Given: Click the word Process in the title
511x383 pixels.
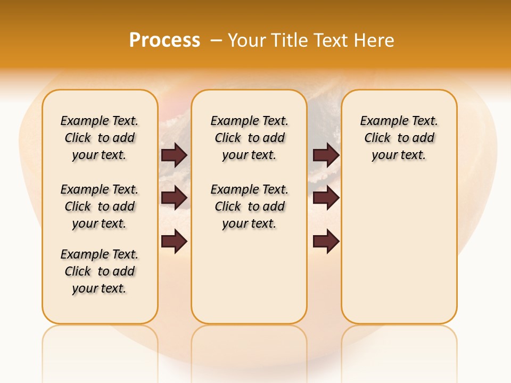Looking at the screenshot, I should click(164, 40).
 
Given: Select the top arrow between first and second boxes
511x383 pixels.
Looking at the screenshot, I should click(174, 155).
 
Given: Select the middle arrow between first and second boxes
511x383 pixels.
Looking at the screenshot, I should click(174, 198).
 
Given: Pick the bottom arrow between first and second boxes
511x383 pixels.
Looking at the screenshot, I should click(174, 242).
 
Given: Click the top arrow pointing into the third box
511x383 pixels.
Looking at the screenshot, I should click(326, 155).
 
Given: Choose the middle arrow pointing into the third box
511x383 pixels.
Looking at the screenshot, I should click(326, 198).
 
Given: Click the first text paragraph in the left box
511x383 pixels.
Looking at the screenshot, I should click(100, 138).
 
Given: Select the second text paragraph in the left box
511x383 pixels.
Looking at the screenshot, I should click(100, 206).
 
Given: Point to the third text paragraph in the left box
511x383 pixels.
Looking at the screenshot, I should click(100, 271).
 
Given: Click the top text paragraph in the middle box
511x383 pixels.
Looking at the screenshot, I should click(249, 138).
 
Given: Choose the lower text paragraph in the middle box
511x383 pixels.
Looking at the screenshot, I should click(249, 206).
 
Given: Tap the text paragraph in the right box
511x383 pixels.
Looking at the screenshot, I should click(399, 138).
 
